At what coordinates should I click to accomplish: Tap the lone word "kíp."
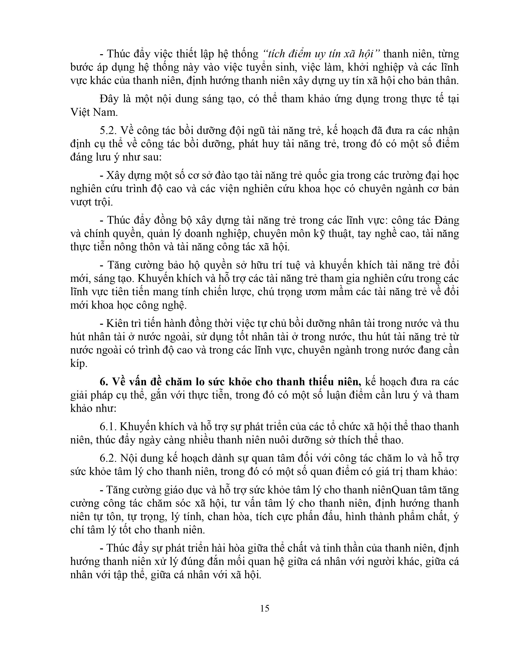pos(79,363)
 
